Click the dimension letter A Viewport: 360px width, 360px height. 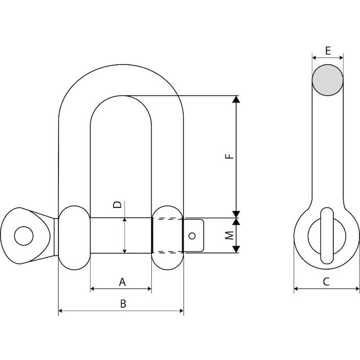[122, 282]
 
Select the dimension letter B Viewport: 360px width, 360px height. [123, 303]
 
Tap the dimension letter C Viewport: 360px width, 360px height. [326, 282]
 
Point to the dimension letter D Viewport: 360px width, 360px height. [117, 204]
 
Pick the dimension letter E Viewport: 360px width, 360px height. [328, 50]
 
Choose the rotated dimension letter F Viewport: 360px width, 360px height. [229, 156]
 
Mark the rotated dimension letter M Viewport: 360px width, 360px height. [229, 235]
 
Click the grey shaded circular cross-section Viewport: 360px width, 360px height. [328, 80]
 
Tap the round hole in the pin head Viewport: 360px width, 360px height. [24, 236]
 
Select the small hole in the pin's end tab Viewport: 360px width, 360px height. [192, 236]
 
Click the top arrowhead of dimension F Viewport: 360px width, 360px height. [236, 99]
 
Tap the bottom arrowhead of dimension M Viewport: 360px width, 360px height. [236, 249]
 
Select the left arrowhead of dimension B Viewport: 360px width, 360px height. [60, 311]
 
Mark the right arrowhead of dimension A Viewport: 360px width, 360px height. [149, 289]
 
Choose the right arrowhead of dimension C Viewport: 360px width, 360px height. [357, 288]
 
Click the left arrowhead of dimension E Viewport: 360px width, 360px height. [314, 58]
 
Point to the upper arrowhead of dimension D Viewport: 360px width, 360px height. [125, 220]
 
